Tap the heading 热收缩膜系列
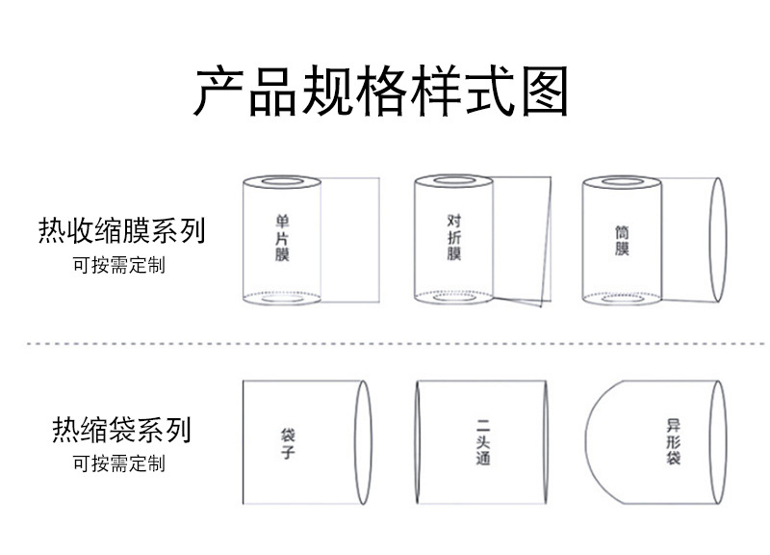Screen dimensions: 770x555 [x=121, y=231]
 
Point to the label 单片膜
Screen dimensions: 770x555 [x=281, y=238]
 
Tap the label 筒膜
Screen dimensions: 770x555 [x=623, y=241]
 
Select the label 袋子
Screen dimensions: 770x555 [x=287, y=442]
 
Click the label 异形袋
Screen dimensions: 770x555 [x=673, y=442]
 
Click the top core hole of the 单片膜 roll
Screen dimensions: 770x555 [x=281, y=181]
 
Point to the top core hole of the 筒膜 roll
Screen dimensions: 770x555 [x=622, y=181]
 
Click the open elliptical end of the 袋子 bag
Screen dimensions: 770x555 [x=364, y=442]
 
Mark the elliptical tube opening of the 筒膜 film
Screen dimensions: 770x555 [x=717, y=241]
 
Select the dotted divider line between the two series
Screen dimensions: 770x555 [x=385, y=343]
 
